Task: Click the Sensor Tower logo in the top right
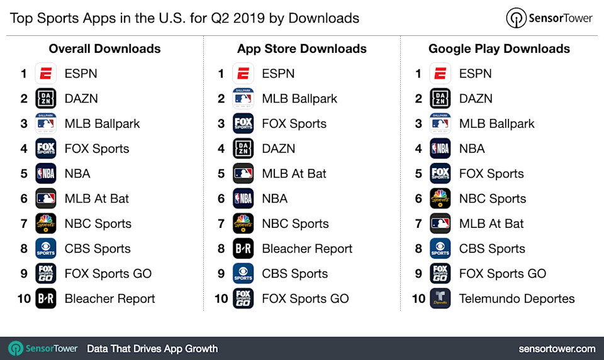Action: pyautogui.click(x=549, y=18)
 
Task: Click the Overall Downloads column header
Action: pyautogui.click(x=104, y=48)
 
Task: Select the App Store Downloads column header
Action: pyautogui.click(x=302, y=48)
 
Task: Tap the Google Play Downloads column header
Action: pyautogui.click(x=499, y=48)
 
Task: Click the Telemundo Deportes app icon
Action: pyautogui.click(x=440, y=299)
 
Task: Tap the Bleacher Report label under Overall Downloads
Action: pyautogui.click(x=109, y=299)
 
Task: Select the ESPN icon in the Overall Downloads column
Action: pyautogui.click(x=46, y=74)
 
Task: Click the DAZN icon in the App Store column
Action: pyautogui.click(x=243, y=149)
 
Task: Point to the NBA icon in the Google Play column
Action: pyautogui.click(x=440, y=149)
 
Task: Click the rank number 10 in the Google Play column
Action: pyautogui.click(x=418, y=299)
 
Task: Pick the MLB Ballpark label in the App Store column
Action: pyautogui.click(x=299, y=99)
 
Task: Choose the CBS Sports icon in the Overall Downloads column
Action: pyautogui.click(x=46, y=249)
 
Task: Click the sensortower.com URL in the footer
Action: pyautogui.click(x=557, y=349)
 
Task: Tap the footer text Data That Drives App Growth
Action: pyautogui.click(x=152, y=349)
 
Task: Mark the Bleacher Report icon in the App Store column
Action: pyautogui.click(x=243, y=249)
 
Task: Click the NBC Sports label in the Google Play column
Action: pyautogui.click(x=492, y=199)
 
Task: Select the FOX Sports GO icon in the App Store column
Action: pyautogui.click(x=243, y=299)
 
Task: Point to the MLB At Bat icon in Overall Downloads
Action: pyautogui.click(x=46, y=199)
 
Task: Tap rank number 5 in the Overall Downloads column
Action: pyautogui.click(x=24, y=174)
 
